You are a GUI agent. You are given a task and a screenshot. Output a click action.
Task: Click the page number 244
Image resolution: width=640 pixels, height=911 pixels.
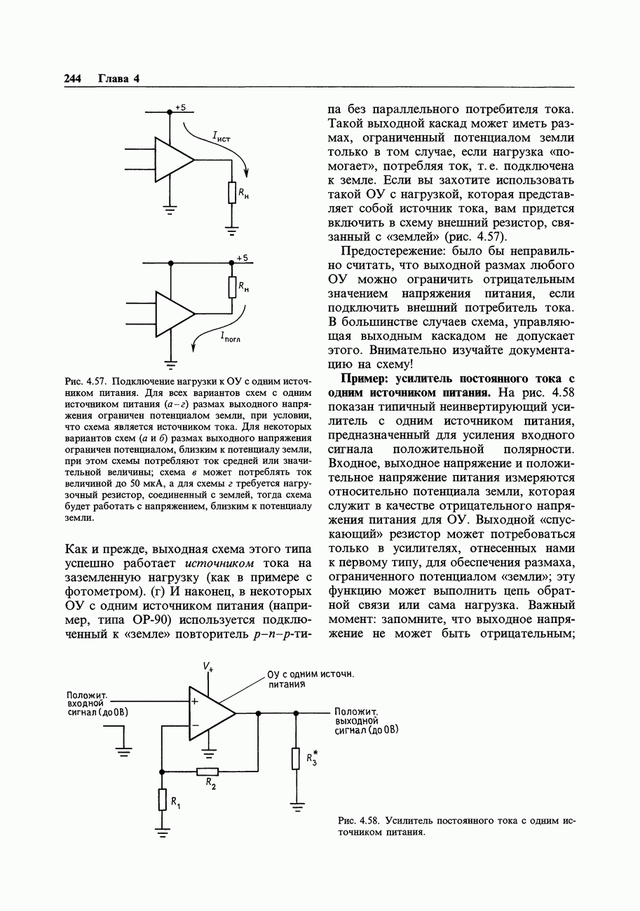74,78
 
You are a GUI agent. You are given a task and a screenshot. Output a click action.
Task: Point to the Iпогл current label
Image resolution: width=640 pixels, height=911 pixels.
230,337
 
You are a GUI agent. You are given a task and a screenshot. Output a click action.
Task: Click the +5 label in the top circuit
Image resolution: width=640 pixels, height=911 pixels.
181,107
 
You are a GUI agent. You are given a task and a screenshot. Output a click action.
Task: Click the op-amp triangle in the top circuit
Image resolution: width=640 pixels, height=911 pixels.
172,159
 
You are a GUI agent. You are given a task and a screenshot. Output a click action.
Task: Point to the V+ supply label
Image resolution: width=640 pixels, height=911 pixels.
208,666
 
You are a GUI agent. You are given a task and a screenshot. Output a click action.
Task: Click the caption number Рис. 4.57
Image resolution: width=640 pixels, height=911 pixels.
85,382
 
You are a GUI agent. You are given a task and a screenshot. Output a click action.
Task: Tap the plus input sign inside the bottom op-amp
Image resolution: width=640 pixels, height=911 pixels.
195,700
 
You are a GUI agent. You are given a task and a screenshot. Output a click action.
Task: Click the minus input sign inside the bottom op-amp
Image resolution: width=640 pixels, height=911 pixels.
195,725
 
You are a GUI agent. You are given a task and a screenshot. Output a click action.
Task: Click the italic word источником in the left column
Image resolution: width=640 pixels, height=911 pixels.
219,563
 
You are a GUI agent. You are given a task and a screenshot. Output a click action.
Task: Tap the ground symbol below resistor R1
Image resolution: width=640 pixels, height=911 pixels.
163,833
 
